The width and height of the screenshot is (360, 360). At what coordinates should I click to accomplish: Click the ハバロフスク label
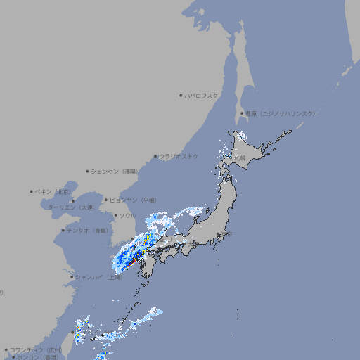pyautogui.click(x=201, y=95)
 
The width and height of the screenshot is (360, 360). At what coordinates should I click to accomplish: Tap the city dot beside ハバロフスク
pyautogui.click(x=181, y=95)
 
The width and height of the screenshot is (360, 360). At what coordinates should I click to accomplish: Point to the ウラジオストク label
pyautogui.click(x=179, y=156)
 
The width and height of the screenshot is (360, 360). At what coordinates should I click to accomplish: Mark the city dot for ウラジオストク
pyautogui.click(x=155, y=157)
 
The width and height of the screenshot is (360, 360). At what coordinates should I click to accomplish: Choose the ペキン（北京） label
pyautogui.click(x=53, y=191)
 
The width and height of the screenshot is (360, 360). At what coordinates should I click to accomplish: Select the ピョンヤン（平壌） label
pyautogui.click(x=133, y=200)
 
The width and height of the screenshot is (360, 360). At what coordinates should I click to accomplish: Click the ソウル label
pyautogui.click(x=127, y=215)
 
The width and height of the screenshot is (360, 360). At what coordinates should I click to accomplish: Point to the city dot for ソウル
pyautogui.click(x=115, y=215)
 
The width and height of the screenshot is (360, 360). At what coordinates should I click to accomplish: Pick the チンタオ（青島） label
pyautogui.click(x=87, y=230)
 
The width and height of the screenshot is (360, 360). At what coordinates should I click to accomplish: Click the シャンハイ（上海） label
pyautogui.click(x=98, y=277)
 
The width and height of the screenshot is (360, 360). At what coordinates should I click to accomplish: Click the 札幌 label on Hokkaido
pyautogui.click(x=240, y=159)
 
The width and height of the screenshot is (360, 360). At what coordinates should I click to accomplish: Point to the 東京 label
pyautogui.click(x=226, y=235)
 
